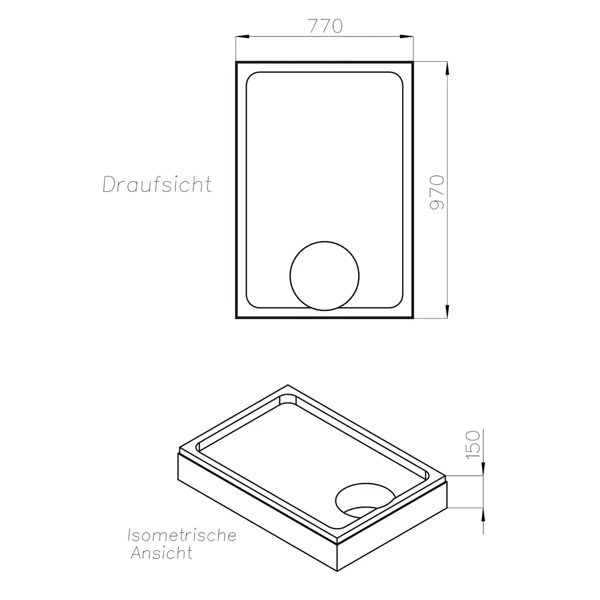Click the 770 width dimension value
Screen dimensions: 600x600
(325, 26)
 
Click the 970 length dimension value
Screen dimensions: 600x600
(437, 192)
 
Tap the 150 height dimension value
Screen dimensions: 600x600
(473, 445)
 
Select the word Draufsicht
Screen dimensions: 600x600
(157, 184)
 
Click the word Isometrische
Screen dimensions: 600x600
(182, 535)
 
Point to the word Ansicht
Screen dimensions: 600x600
(161, 553)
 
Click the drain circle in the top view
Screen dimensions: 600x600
(325, 241)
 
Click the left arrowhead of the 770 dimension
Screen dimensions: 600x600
(242, 37)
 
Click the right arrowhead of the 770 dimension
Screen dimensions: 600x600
(407, 37)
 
